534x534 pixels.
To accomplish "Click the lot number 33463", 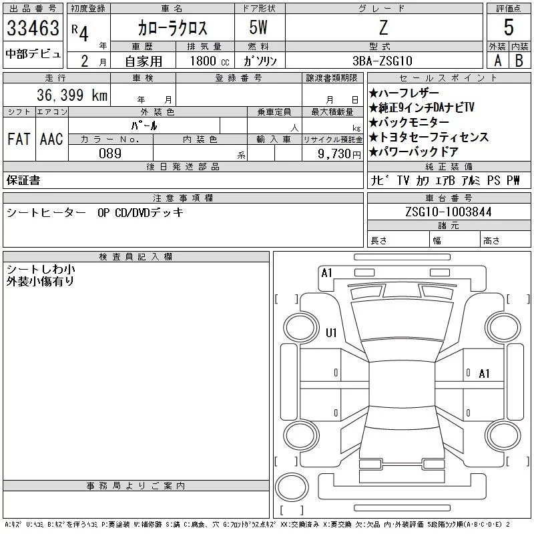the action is (x=33, y=28).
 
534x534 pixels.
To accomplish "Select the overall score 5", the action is (x=509, y=27).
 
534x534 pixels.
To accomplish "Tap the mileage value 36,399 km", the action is (x=72, y=95).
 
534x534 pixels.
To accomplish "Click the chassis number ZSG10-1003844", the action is (x=448, y=212).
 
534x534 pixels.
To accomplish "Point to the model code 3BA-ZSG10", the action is (x=382, y=61).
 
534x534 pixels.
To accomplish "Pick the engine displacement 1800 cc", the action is (x=210, y=61).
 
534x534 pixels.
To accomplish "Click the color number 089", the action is (x=110, y=154).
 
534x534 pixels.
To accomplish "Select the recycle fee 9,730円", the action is (x=339, y=154).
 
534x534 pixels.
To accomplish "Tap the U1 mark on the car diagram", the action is (x=331, y=332).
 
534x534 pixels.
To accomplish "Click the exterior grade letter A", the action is (x=497, y=61).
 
